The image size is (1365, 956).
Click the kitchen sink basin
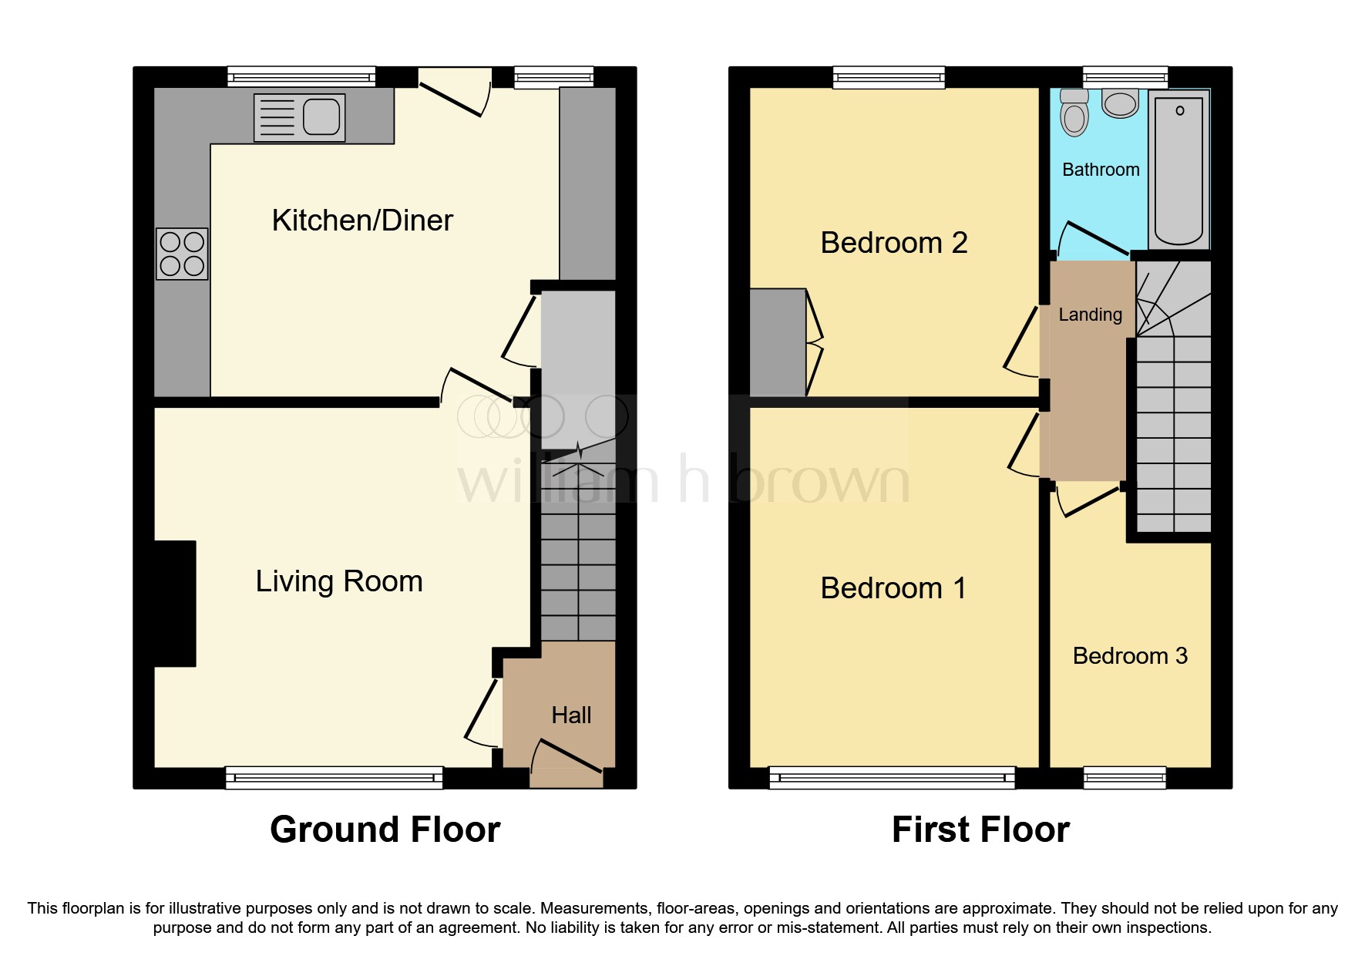321,117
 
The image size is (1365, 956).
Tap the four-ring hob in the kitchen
182,254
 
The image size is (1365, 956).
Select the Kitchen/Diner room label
362,221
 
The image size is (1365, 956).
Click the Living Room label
339,581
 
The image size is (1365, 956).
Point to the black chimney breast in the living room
175,604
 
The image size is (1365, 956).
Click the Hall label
571,715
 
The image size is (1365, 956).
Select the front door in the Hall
568,756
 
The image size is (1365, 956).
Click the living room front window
334,777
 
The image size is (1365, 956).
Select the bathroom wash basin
1120,103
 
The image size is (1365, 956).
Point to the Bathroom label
1101,170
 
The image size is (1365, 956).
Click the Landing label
1090,315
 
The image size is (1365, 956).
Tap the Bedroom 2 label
893,244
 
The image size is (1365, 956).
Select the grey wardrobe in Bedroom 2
778,342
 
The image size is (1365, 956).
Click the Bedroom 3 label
1130,656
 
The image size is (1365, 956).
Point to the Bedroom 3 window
1125,777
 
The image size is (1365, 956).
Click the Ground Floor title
385,830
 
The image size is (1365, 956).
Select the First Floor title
980,830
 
